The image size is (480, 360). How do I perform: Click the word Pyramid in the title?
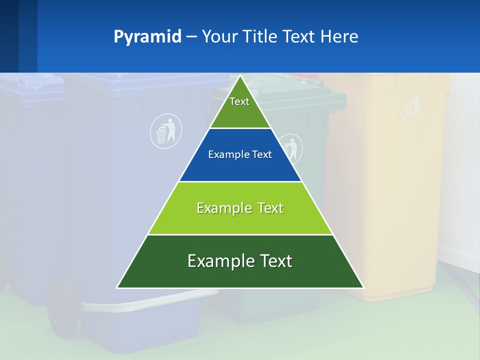click(147, 36)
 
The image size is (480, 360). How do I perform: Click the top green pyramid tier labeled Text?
click(240, 107)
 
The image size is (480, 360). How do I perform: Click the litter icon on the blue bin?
click(166, 131)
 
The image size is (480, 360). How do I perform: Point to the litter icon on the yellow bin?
click(412, 106)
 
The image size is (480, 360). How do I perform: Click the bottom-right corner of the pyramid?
click(363, 287)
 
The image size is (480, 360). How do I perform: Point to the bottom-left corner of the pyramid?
click(117, 287)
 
